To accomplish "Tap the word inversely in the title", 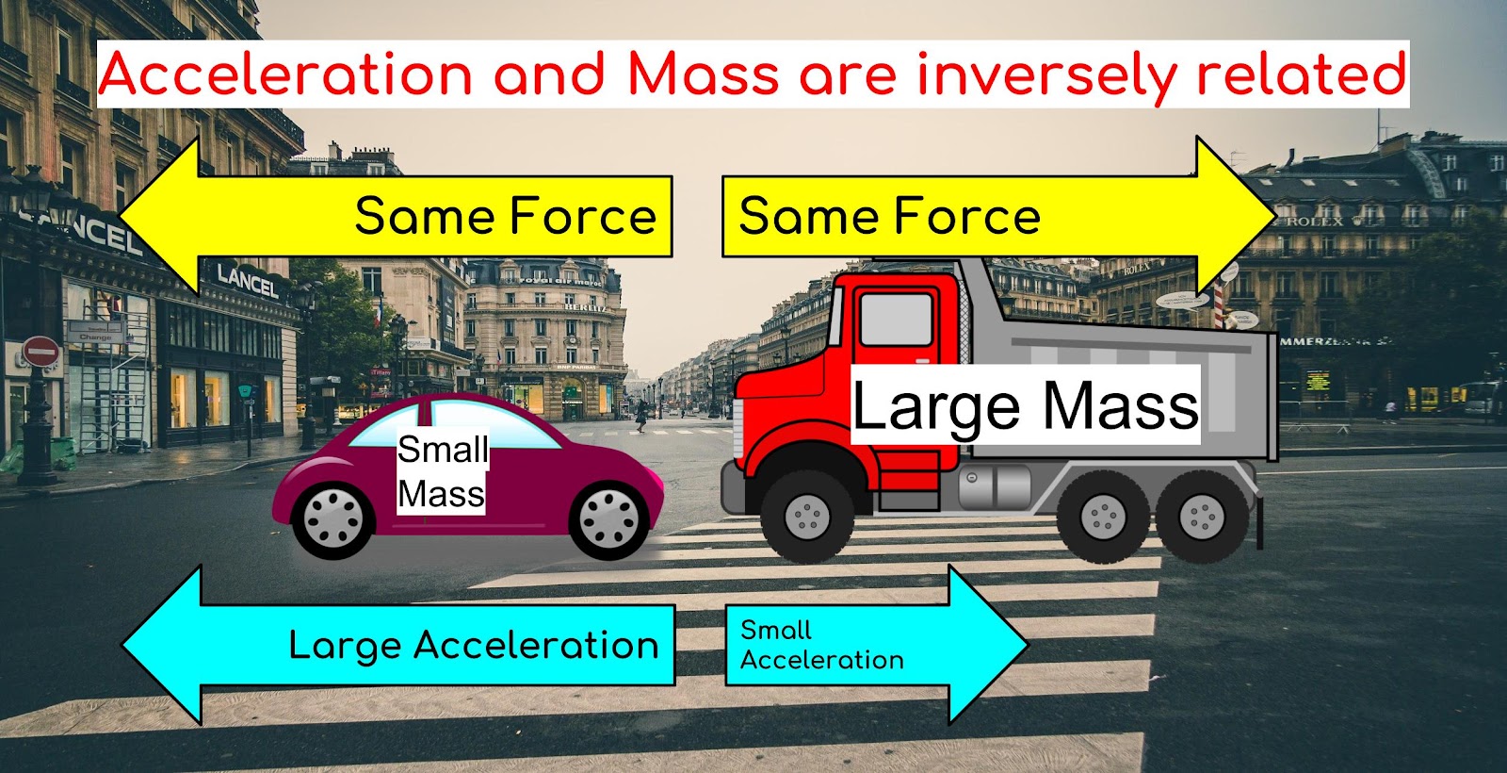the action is point(1047,75).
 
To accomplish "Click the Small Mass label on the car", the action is point(442,471).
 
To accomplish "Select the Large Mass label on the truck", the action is point(1026,405).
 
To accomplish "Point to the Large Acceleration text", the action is point(474,645).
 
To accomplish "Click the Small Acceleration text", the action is point(822,645).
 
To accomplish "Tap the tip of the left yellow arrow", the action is point(120,216).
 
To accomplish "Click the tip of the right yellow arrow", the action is point(1275,216).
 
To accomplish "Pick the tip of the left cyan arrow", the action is point(123,645).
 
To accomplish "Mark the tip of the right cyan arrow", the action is point(1028,645).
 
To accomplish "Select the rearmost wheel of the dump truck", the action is point(1202,517).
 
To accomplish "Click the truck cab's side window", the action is point(896,320).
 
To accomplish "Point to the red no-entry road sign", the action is point(41,352).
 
